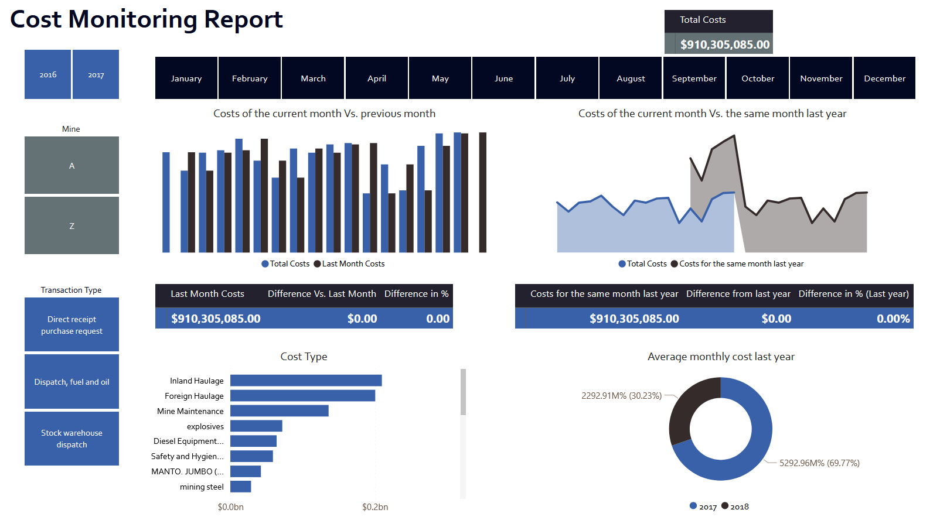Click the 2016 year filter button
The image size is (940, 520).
click(x=47, y=74)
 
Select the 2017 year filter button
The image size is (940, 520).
click(x=96, y=74)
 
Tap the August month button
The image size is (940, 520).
click(x=631, y=78)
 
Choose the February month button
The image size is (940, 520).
click(x=249, y=78)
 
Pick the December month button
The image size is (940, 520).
click(x=884, y=78)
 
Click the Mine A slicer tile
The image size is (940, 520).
click(x=71, y=165)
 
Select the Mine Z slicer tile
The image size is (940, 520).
click(x=71, y=225)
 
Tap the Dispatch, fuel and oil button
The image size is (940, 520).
click(x=71, y=382)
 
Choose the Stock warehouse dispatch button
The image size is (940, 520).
click(x=71, y=439)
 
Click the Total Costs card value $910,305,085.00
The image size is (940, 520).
click(x=724, y=45)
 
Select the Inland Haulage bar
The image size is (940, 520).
click(x=305, y=381)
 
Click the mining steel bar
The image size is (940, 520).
click(x=240, y=487)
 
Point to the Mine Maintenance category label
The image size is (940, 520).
click(x=190, y=411)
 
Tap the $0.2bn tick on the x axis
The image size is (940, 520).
click(x=375, y=507)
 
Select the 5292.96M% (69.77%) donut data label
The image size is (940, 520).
click(x=819, y=463)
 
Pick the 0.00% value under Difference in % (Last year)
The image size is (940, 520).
click(x=893, y=319)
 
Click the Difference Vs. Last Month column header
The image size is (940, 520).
click(x=322, y=294)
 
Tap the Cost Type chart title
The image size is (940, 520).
click(x=304, y=357)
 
